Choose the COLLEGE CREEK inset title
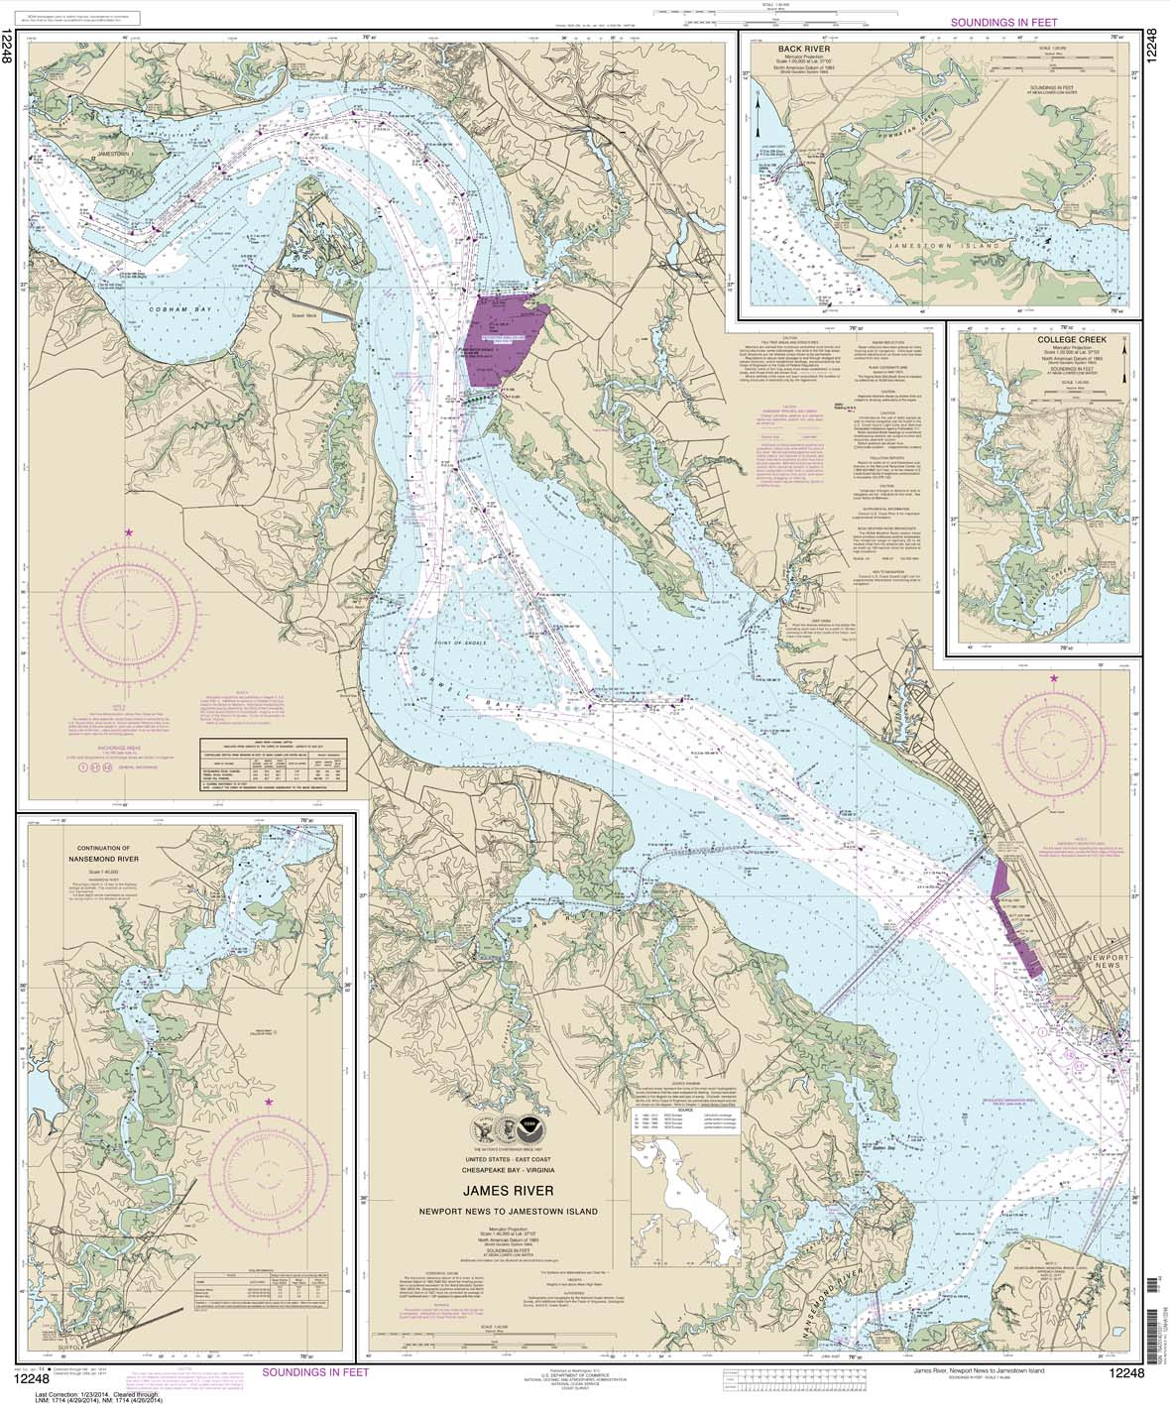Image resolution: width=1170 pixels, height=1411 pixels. tap(1061, 339)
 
